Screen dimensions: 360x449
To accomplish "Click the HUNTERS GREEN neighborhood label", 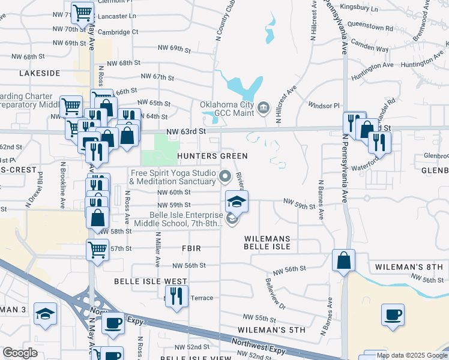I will tap(212, 156).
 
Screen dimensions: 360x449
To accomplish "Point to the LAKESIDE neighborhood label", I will tap(40, 73).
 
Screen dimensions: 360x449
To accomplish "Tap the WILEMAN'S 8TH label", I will tap(408, 266).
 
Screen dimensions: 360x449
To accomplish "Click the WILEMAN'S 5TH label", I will tap(271, 329).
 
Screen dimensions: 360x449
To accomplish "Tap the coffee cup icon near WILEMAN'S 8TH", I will tap(393, 314).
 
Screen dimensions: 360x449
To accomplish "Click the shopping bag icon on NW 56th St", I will tap(343, 261).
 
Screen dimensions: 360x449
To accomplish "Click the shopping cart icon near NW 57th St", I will tap(97, 250).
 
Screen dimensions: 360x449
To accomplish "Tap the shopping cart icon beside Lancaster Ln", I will tap(82, 13).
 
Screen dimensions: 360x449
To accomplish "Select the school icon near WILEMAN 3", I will tap(45, 314).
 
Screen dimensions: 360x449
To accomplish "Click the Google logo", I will tap(20, 353).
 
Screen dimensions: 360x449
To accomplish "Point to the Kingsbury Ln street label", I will tap(359, 9).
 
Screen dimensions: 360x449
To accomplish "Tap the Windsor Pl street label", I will tap(324, 106).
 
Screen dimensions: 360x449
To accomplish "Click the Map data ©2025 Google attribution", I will tap(411, 355).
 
